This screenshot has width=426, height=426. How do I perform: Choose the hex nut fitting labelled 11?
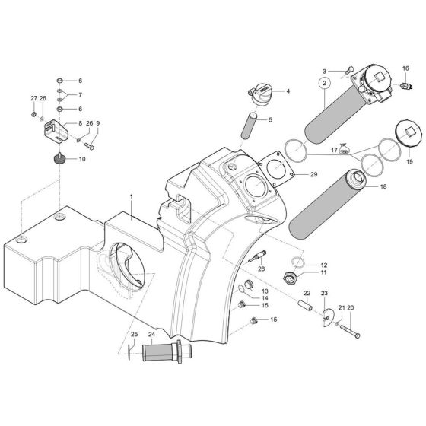[x=290, y=276]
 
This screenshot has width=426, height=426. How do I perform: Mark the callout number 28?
[x=261, y=269]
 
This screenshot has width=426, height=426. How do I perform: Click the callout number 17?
[x=334, y=151]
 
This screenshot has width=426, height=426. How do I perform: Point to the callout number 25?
[x=135, y=334]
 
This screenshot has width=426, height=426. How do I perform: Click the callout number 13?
[x=265, y=290]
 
